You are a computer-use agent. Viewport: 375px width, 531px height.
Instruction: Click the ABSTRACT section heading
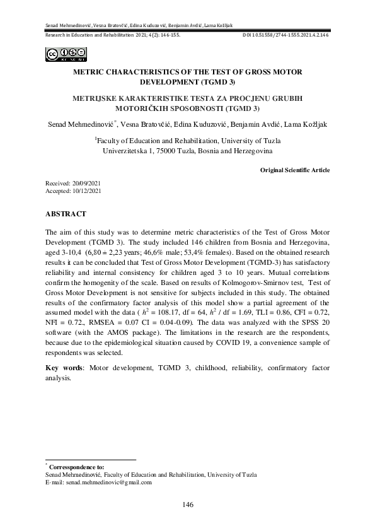[66, 214]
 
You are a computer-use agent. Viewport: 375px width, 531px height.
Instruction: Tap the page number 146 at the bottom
[187, 505]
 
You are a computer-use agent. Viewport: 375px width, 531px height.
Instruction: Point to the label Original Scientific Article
[294, 170]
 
